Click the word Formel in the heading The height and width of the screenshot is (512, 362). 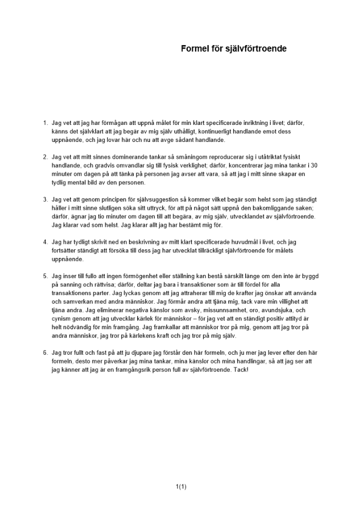pyautogui.click(x=193, y=49)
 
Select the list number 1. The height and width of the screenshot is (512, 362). pyautogui.click(x=45, y=123)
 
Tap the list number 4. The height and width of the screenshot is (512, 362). pyautogui.click(x=45, y=242)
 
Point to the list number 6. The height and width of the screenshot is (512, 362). pyautogui.click(x=45, y=353)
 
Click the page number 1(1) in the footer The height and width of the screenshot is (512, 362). pyautogui.click(x=181, y=487)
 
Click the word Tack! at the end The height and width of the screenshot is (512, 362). pyautogui.click(x=239, y=370)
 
